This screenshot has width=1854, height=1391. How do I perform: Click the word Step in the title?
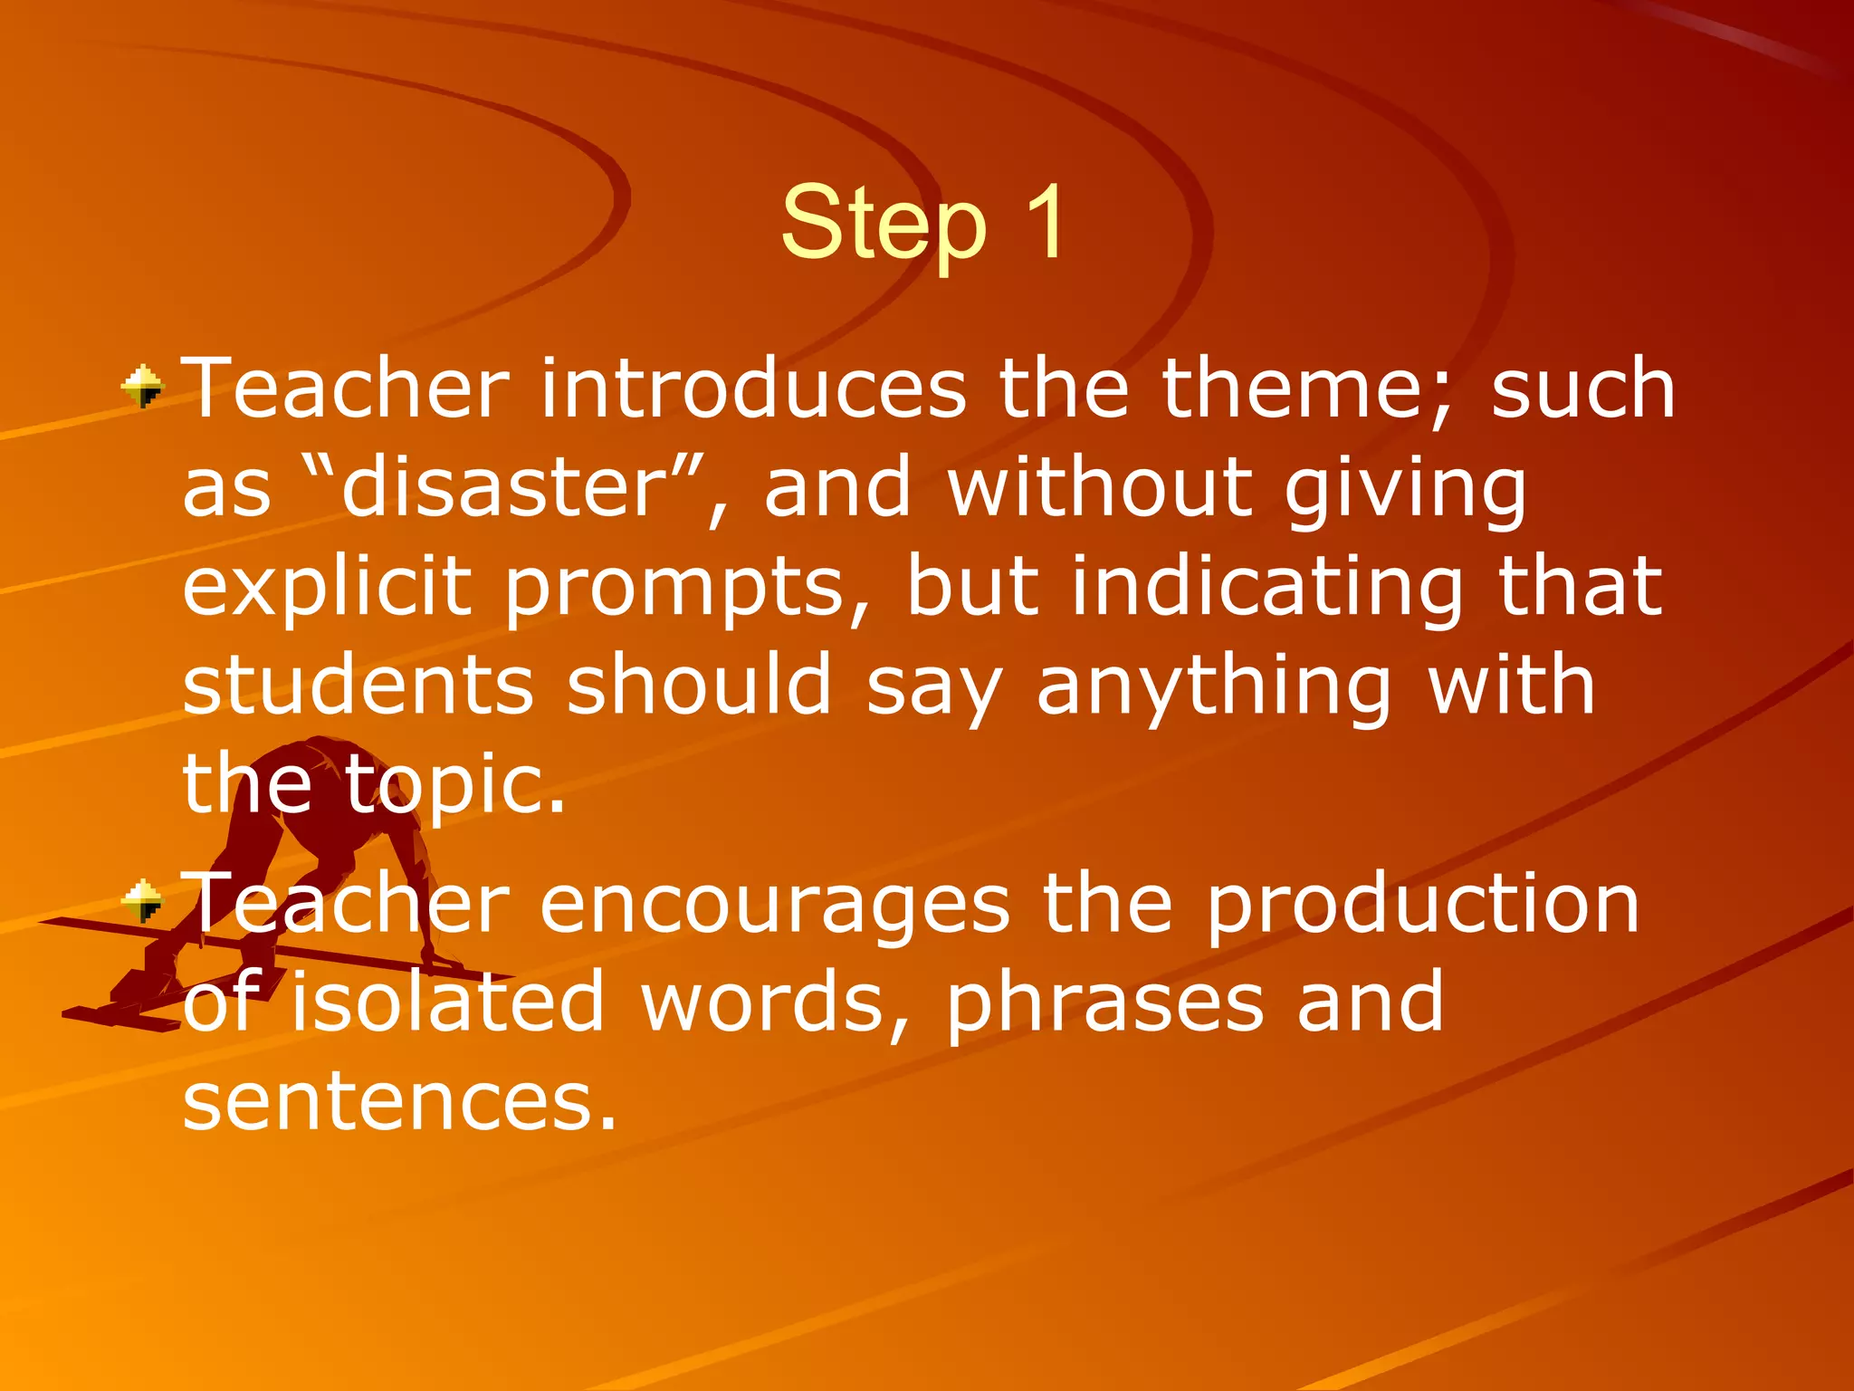point(883,225)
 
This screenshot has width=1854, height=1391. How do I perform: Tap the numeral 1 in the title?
point(1044,222)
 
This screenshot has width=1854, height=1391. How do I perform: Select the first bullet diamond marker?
point(143,387)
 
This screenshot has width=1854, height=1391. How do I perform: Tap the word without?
point(1099,488)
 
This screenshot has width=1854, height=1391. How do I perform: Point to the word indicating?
point(1267,589)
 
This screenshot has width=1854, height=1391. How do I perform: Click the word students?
point(358,686)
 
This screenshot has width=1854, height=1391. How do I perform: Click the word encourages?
point(774,905)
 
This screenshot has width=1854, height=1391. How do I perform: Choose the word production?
point(1422,905)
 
